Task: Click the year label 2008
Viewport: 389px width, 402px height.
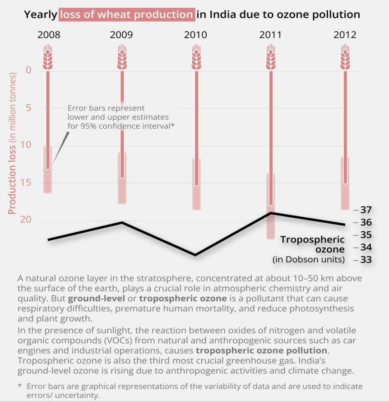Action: click(48, 35)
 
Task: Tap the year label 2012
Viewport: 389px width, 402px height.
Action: click(344, 35)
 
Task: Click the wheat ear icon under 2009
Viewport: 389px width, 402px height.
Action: click(122, 57)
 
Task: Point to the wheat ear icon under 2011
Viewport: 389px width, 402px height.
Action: click(270, 57)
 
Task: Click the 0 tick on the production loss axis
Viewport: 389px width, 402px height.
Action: click(28, 70)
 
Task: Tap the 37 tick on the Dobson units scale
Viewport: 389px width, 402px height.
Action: click(366, 210)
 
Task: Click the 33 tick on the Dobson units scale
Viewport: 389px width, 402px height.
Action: click(366, 260)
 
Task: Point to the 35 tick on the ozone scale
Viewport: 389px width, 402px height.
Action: click(366, 235)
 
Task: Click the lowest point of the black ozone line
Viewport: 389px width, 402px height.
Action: click(195, 255)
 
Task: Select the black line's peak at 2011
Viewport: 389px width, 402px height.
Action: click(270, 213)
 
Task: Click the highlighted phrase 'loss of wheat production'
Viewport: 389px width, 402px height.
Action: click(127, 14)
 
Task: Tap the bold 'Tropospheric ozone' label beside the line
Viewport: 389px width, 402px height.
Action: click(312, 244)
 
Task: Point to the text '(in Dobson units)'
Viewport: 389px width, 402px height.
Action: click(309, 260)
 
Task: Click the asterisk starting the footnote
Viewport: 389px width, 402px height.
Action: click(20, 387)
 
